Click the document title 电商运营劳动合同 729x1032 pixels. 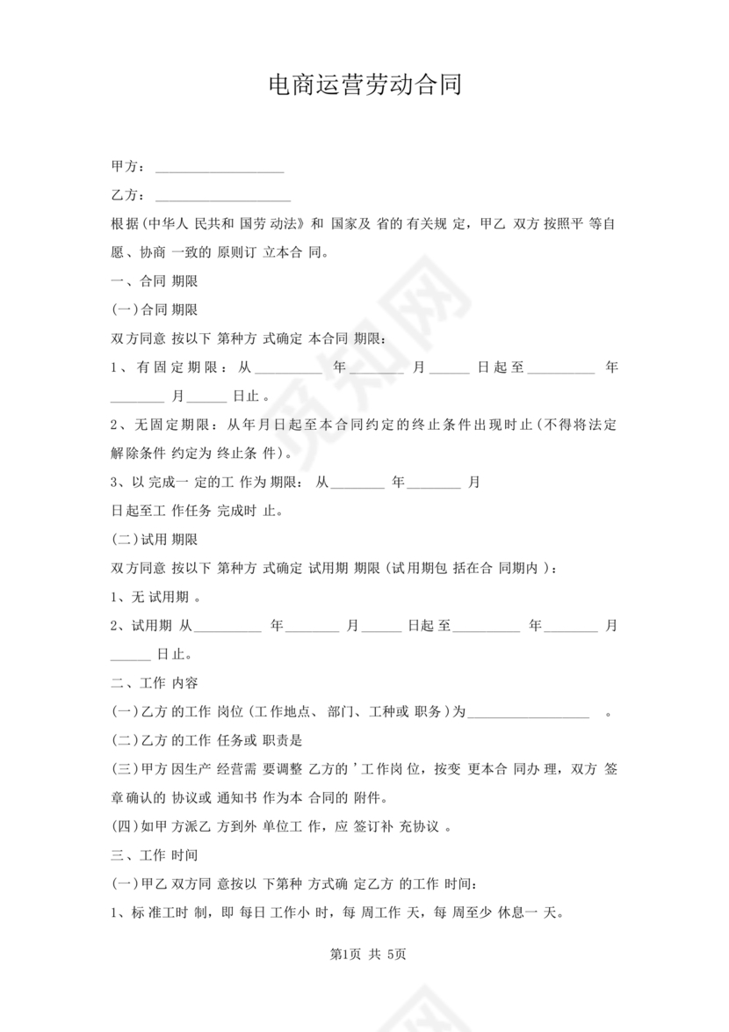pyautogui.click(x=364, y=85)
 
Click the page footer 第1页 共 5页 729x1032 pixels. pyautogui.click(x=364, y=955)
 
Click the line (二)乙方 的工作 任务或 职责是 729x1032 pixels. pyautogui.click(x=207, y=740)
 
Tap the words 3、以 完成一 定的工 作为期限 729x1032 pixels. pyautogui.click(x=206, y=482)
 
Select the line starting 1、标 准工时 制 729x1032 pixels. pyautogui.click(x=334, y=912)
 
